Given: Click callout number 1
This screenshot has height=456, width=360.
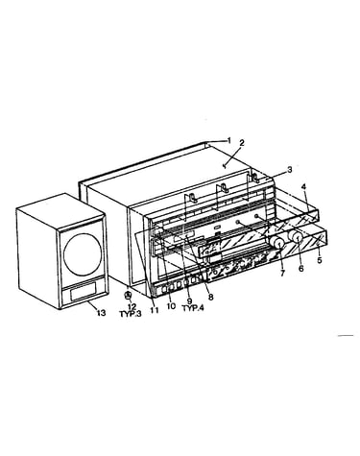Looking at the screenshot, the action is pyautogui.click(x=228, y=140).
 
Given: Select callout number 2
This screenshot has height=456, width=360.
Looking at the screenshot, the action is pyautogui.click(x=242, y=142).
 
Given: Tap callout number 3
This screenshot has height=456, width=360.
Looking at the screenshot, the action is pyautogui.click(x=289, y=170).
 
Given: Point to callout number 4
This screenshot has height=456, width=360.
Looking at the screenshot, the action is pyautogui.click(x=304, y=186).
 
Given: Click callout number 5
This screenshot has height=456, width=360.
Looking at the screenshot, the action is pyautogui.click(x=320, y=260).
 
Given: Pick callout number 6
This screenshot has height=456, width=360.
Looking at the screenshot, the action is pyautogui.click(x=300, y=269).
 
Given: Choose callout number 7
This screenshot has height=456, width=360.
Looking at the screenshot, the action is pyautogui.click(x=282, y=273).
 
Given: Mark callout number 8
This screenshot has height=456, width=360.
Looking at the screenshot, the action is pyautogui.click(x=210, y=297).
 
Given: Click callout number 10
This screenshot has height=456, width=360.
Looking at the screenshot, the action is pyautogui.click(x=171, y=306).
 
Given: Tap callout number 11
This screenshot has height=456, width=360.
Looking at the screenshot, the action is pyautogui.click(x=155, y=310).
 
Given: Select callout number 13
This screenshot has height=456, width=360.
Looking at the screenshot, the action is pyautogui.click(x=101, y=313).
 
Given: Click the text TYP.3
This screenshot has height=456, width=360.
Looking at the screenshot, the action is pyautogui.click(x=131, y=314).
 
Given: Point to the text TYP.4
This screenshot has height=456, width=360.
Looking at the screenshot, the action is pyautogui.click(x=193, y=308).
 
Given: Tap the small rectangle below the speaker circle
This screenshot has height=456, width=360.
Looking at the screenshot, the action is pyautogui.click(x=84, y=291).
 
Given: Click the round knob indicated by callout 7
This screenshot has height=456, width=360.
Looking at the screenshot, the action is pyautogui.click(x=277, y=244).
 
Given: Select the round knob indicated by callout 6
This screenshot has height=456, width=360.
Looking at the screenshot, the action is pyautogui.click(x=296, y=237).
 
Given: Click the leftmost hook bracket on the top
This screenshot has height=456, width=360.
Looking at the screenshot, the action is pyautogui.click(x=192, y=198).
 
